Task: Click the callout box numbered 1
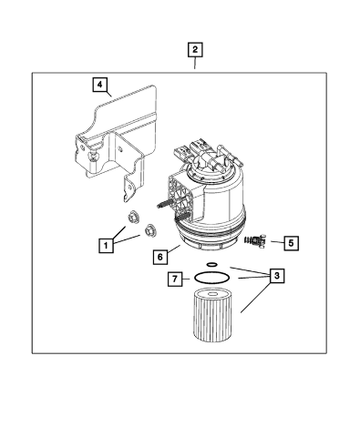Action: (x=106, y=245)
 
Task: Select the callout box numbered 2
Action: (x=195, y=50)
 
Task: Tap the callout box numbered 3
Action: (x=276, y=276)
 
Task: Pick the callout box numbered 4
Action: (x=100, y=85)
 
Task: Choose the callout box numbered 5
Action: (x=292, y=243)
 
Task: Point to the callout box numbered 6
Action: (x=160, y=258)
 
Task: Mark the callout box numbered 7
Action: (x=175, y=279)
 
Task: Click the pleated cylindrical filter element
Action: (x=212, y=316)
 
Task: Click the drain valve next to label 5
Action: (x=255, y=240)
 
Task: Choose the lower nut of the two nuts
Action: (x=150, y=230)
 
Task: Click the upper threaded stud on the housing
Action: (x=165, y=204)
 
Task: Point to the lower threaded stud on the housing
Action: (x=182, y=217)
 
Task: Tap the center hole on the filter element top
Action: (x=212, y=294)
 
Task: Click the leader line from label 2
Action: (x=195, y=63)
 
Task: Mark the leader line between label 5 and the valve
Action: (x=277, y=242)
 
